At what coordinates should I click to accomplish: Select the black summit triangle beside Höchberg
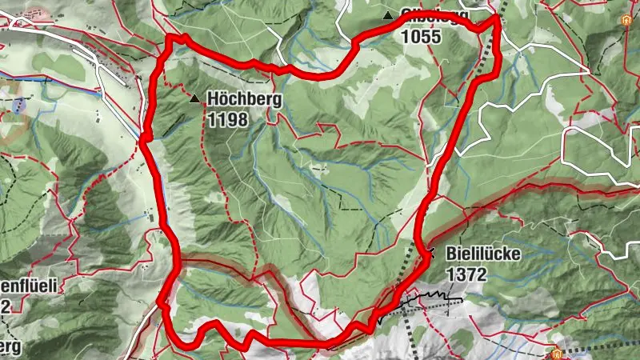coord(195,99)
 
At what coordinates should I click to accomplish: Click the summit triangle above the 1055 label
coord(388,15)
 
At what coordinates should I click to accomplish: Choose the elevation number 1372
coord(466,273)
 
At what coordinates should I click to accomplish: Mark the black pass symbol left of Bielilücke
coord(431,253)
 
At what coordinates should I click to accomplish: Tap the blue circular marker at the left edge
coord(19,106)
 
